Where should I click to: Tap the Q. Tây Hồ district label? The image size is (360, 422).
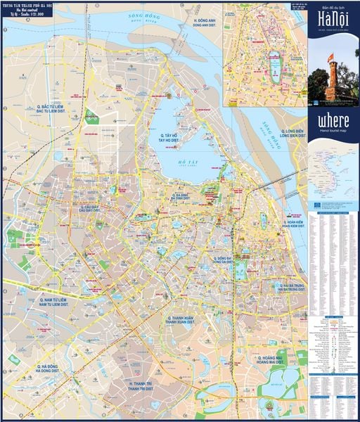pyautogui.click(x=172, y=137)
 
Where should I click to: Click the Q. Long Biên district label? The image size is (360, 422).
pyautogui.click(x=285, y=134)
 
